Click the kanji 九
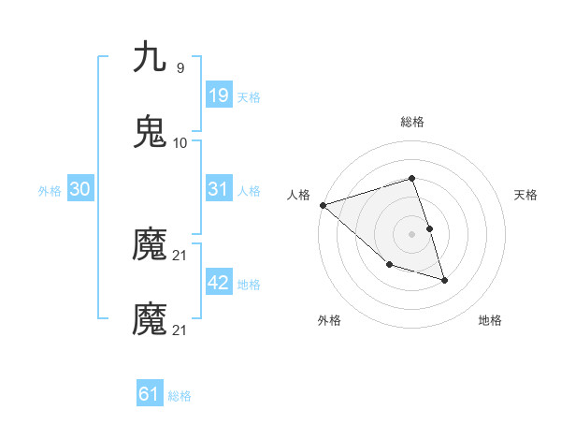point(150,58)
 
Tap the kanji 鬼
point(150,132)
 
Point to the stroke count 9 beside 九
point(180,67)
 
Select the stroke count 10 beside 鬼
point(180,143)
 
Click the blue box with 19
point(218,95)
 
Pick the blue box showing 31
point(218,190)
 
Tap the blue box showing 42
point(218,284)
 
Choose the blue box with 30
point(80,190)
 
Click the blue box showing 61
point(150,395)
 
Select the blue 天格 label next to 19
point(249,96)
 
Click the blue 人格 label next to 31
point(249,191)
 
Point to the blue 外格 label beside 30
point(50,191)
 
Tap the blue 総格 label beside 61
point(180,396)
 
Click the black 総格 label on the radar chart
point(412,122)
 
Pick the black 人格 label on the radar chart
point(298,195)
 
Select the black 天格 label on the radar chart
point(525,195)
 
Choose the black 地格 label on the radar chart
point(490,320)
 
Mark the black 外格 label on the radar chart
point(329,320)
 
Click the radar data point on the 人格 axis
point(323,205)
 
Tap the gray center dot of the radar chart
point(412,234)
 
